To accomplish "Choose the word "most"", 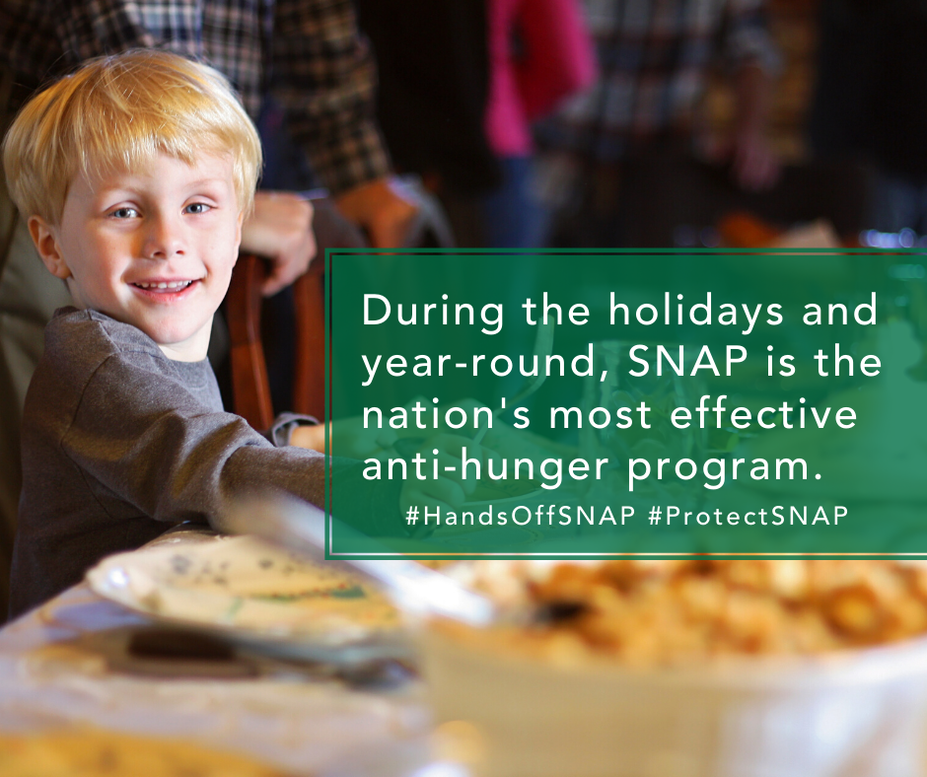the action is (600, 415).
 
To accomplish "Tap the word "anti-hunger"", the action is (485, 467).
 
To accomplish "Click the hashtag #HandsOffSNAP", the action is (521, 516).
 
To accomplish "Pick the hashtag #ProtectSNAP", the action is (749, 516).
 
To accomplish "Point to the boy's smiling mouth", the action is (165, 287).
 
